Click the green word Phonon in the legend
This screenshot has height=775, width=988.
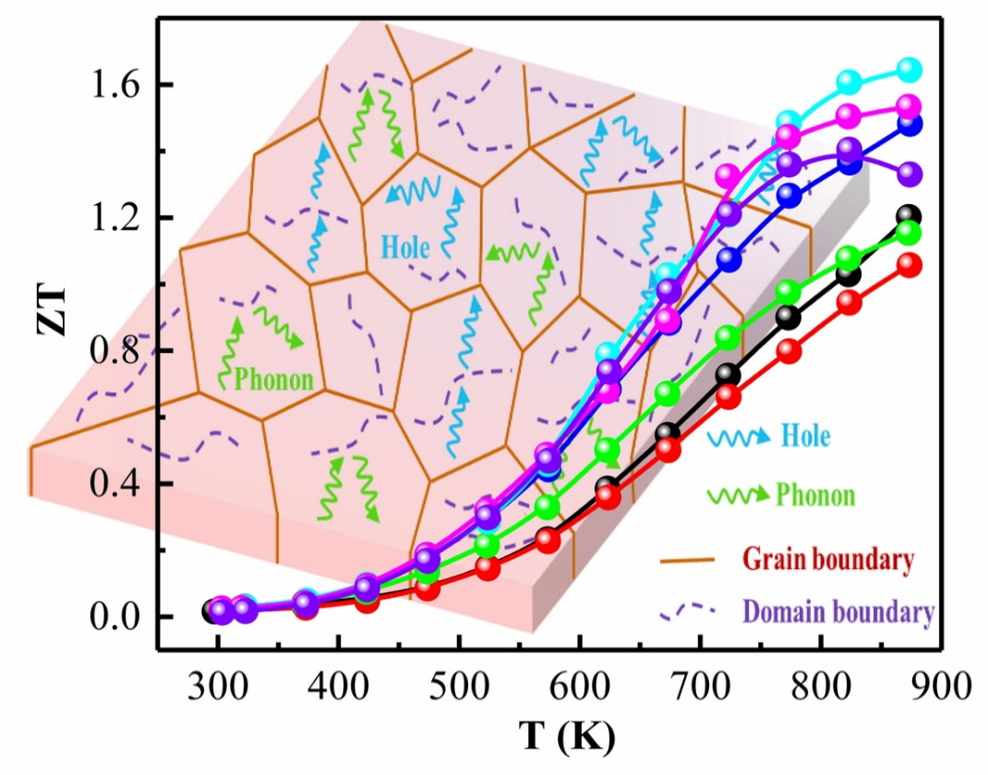(x=815, y=494)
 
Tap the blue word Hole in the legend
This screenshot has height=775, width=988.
(x=805, y=435)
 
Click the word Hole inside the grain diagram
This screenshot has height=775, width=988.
(x=405, y=248)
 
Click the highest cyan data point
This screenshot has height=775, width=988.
(x=910, y=69)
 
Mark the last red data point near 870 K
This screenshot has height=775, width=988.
(x=910, y=266)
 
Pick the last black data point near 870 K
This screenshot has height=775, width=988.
(x=910, y=216)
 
